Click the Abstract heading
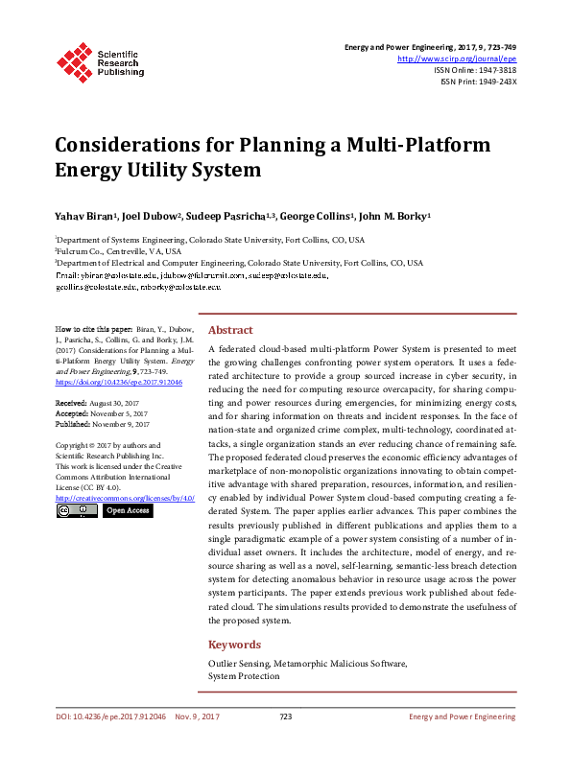[x=230, y=328]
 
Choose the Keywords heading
[x=235, y=645]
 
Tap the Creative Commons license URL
[x=126, y=498]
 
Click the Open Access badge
[x=127, y=511]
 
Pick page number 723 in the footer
[x=285, y=716]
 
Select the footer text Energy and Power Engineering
[x=463, y=716]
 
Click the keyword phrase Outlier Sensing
[x=243, y=663]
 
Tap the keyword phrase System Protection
[x=244, y=675]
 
